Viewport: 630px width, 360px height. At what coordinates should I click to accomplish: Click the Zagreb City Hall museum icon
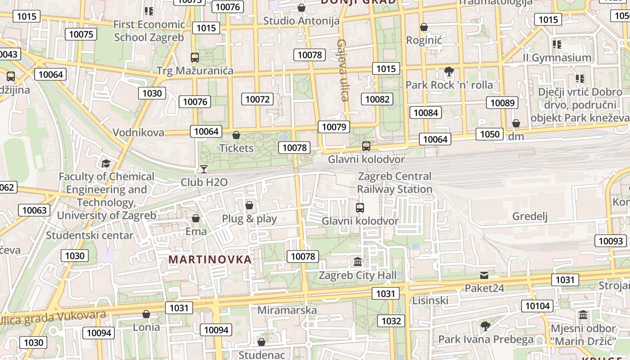click(358, 261)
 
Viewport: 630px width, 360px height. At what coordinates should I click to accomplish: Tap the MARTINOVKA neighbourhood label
click(210, 260)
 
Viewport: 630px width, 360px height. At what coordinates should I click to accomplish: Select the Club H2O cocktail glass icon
click(204, 169)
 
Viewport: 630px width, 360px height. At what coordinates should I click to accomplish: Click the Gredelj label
click(530, 216)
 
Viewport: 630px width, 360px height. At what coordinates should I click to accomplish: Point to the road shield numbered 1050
click(490, 134)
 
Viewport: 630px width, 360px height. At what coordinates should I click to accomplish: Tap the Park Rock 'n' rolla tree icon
click(449, 72)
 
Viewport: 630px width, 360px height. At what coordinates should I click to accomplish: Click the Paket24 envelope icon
click(484, 275)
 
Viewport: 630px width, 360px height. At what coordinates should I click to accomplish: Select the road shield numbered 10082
click(377, 99)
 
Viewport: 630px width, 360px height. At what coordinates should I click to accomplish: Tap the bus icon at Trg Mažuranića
click(194, 58)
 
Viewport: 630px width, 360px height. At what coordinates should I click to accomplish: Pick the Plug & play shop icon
click(249, 206)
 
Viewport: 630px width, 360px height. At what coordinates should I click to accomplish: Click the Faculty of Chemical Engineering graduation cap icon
click(106, 163)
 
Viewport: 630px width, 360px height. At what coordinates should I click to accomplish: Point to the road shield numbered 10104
click(537, 306)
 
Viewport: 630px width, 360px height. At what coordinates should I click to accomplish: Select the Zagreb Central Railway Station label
click(395, 183)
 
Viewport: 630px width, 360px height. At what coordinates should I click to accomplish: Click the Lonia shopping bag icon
click(146, 314)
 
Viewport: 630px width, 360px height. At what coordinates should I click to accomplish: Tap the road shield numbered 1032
click(391, 321)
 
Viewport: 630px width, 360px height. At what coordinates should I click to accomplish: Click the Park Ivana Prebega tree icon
click(485, 326)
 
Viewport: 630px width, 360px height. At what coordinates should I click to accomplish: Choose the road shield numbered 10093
click(611, 241)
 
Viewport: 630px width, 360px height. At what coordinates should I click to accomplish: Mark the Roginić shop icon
click(424, 27)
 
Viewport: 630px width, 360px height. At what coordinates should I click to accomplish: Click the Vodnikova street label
click(138, 132)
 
